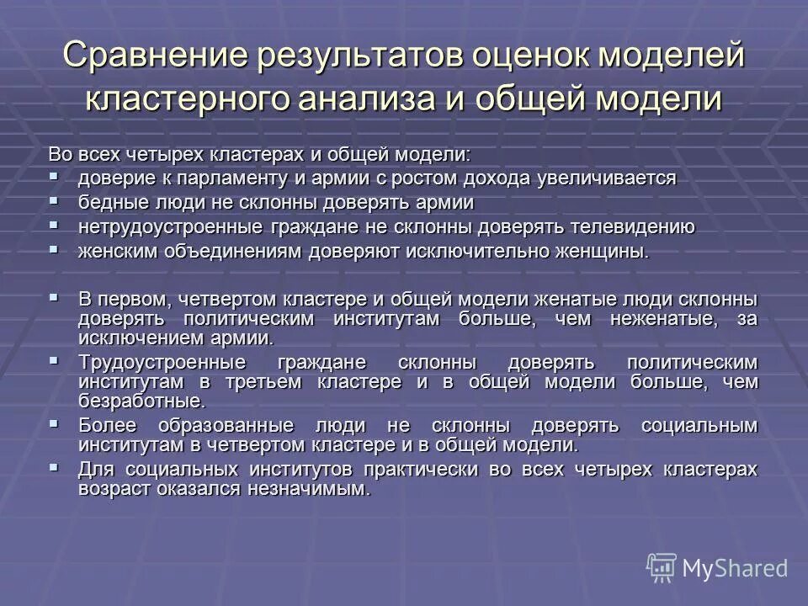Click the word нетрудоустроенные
tap(170, 227)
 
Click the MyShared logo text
tap(735, 568)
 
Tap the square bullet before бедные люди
tap(54, 202)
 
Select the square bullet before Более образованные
tap(54, 424)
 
